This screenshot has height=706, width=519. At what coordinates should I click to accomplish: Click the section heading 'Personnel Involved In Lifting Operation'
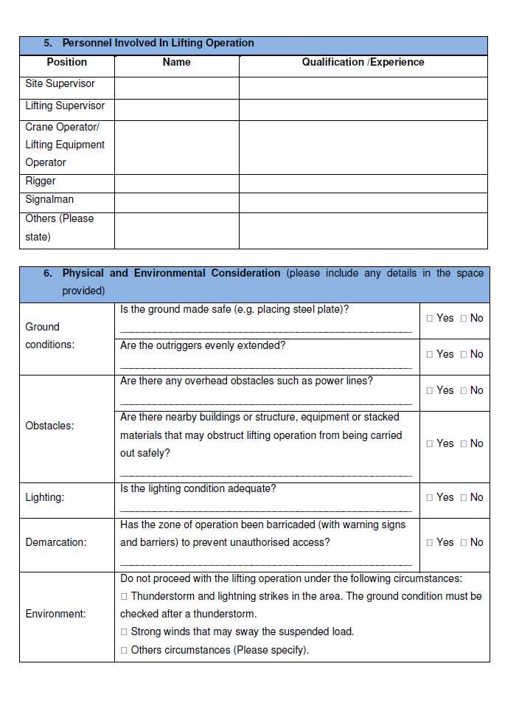coord(158,44)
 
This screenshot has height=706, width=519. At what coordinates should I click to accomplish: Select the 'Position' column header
coord(66,63)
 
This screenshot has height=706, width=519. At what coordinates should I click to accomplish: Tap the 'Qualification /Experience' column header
coord(363,63)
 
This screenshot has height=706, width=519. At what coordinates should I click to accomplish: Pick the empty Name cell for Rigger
coord(176,182)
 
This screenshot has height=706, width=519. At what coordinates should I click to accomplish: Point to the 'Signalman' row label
coord(49,200)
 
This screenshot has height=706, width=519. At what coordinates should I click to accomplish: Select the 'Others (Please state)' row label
coord(59,228)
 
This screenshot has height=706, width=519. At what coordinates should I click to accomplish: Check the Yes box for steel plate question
coord(430,319)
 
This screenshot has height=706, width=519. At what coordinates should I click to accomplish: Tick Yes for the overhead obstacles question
coord(430,391)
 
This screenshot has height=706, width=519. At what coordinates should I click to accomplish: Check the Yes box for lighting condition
coord(430,498)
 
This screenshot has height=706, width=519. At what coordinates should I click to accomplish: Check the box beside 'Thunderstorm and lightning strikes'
coord(125,596)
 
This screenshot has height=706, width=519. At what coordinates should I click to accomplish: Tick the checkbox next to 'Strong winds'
coord(125,632)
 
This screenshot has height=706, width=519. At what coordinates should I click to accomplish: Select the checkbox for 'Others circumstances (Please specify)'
coord(125,651)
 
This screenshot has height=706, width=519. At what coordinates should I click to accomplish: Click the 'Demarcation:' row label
coord(55,543)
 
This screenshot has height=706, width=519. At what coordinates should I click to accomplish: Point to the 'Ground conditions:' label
coord(49,336)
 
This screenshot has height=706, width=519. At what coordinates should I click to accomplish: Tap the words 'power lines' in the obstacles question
coord(345,381)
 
